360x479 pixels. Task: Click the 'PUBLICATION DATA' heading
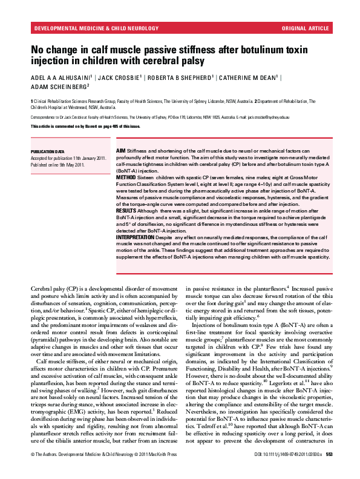tap(47, 151)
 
